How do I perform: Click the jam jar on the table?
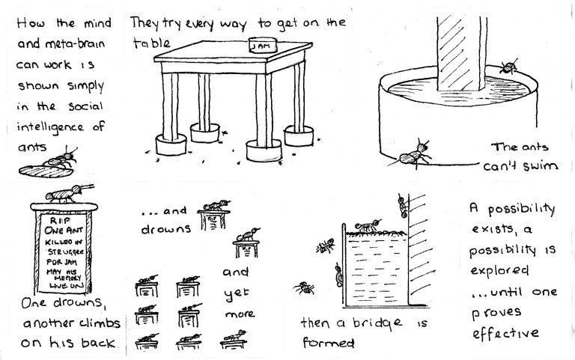coord(263,45)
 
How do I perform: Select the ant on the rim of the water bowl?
coord(508,67)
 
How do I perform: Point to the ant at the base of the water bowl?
coord(413,155)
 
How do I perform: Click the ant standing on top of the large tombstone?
coord(69,193)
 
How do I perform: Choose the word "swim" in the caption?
coord(540,166)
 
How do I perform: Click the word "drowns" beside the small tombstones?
coord(165,230)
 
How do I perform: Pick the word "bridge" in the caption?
coord(377,323)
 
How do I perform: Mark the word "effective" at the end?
coord(505,333)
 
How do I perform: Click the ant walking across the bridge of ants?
coord(368,225)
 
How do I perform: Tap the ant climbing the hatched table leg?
coord(403,206)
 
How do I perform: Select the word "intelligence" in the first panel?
coord(50,127)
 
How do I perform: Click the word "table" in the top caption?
coord(151,43)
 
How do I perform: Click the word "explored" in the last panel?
coord(499,271)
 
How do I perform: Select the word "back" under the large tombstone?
coord(98,343)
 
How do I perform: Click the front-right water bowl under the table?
coord(264,150)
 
